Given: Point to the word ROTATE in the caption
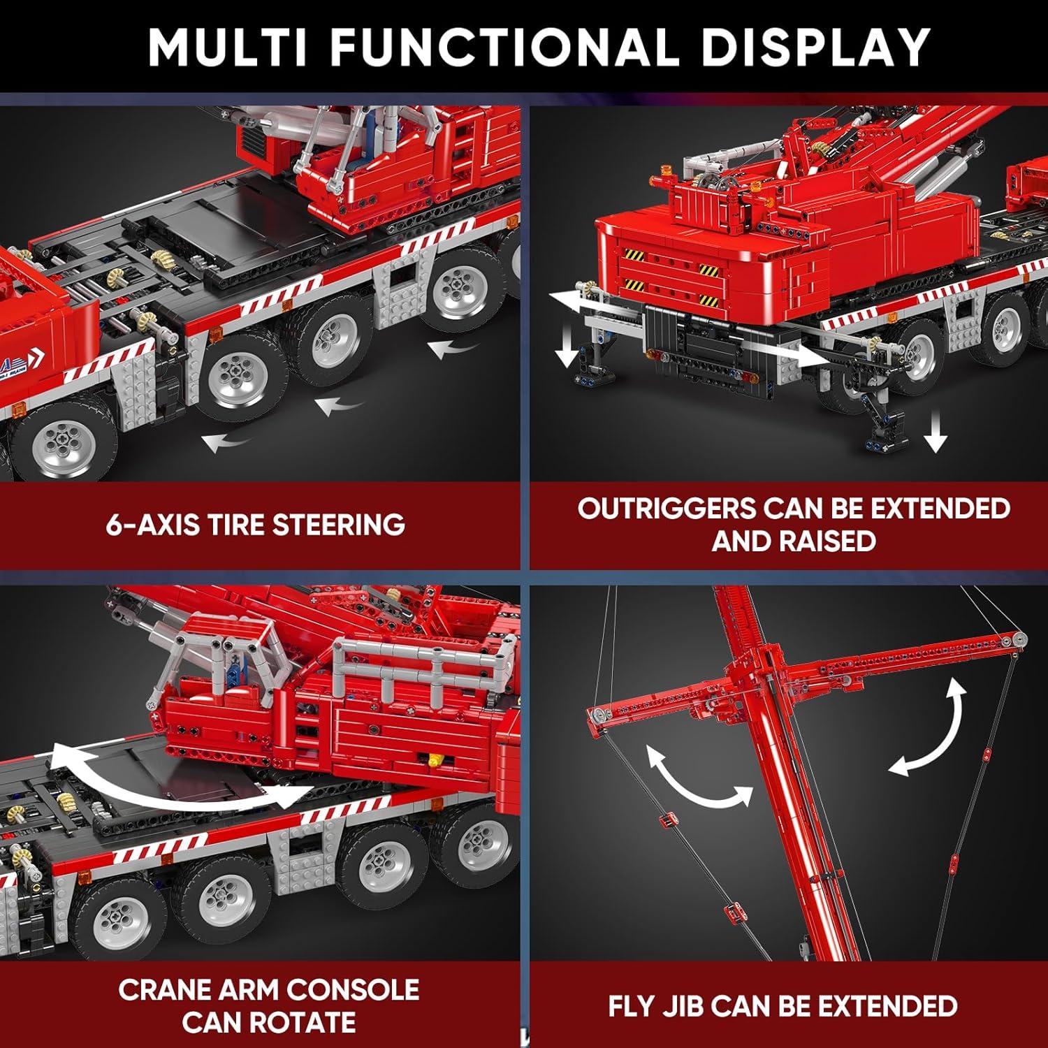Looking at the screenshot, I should point(303,1022).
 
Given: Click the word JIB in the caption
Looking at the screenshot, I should point(681,1006).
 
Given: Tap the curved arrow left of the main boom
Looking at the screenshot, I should point(699,776).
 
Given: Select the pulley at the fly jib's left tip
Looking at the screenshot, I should point(597,714).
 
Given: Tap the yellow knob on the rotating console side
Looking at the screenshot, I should point(437,758).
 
